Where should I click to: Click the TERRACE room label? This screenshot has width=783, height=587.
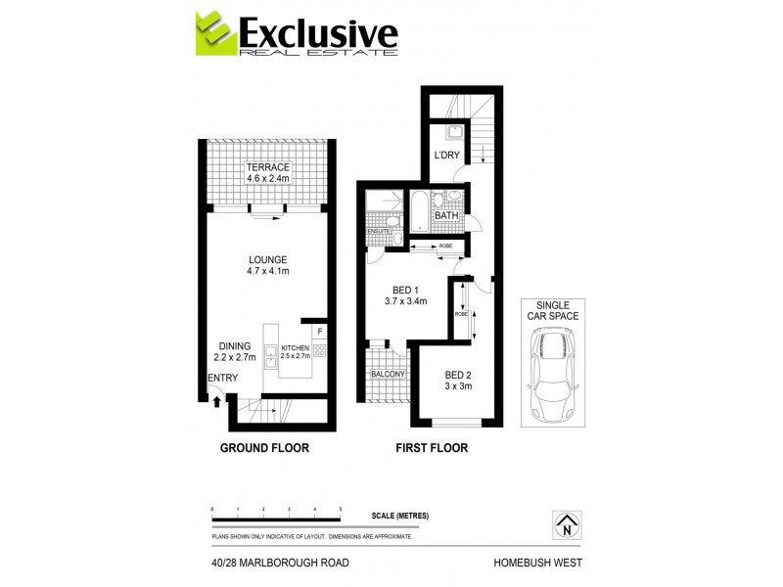click(x=267, y=167)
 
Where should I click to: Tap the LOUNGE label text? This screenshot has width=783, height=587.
click(x=267, y=259)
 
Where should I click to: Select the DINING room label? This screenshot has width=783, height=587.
click(x=235, y=345)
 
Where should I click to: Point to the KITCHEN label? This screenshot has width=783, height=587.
click(x=295, y=348)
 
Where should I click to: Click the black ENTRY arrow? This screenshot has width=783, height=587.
click(x=216, y=395)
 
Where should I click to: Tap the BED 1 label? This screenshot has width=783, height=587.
click(x=404, y=290)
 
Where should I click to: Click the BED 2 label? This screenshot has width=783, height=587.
click(x=458, y=375)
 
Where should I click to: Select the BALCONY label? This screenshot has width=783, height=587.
click(x=388, y=374)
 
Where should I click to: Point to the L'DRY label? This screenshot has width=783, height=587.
click(x=447, y=157)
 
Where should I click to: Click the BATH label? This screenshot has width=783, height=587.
click(x=446, y=216)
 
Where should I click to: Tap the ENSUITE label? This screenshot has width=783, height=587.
click(x=379, y=231)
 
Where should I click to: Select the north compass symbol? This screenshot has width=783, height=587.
click(x=566, y=526)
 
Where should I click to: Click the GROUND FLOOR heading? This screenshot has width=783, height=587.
click(x=264, y=448)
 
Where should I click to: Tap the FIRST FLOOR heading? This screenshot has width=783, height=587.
click(x=431, y=448)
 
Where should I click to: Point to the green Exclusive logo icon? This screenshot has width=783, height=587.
click(x=215, y=34)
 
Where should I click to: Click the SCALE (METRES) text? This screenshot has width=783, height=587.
click(x=400, y=516)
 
